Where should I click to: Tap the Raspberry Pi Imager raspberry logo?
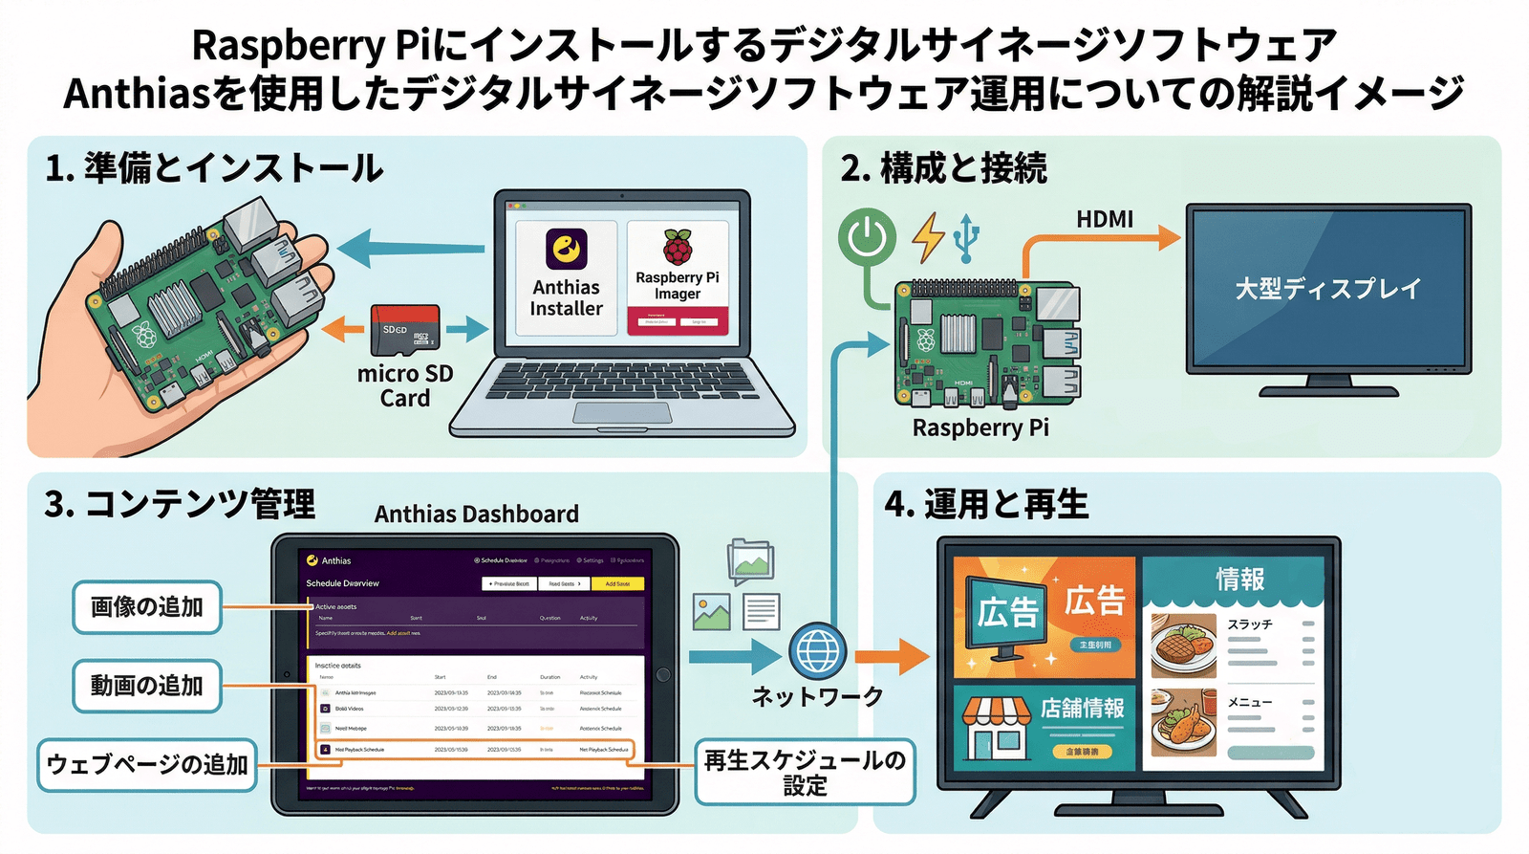(678, 248)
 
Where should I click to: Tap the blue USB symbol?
(966, 237)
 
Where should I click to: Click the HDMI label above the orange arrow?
(1104, 219)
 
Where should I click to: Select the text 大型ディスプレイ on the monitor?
(1327, 288)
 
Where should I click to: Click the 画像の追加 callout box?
(147, 606)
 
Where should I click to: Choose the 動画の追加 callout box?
(147, 686)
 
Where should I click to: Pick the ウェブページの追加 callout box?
(147, 764)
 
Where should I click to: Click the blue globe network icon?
(817, 651)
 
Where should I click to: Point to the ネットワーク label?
(817, 697)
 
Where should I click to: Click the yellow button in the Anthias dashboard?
(617, 583)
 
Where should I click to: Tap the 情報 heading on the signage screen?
(1239, 579)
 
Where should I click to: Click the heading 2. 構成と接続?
(944, 168)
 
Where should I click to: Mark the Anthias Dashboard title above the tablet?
(476, 515)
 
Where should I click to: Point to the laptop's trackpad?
(622, 412)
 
